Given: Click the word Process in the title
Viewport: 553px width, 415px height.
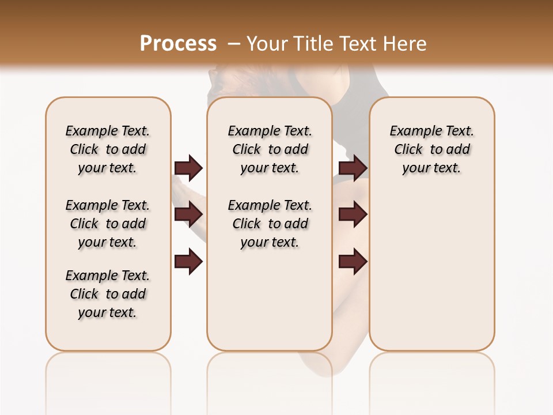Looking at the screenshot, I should click(x=178, y=43).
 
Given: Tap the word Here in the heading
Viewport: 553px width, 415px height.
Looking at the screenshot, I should click(x=406, y=43).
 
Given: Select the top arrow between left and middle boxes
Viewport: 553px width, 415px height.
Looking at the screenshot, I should click(x=188, y=168).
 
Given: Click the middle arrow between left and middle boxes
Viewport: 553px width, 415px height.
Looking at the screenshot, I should click(x=188, y=214).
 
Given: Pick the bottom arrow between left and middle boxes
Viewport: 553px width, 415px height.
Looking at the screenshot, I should click(x=188, y=261).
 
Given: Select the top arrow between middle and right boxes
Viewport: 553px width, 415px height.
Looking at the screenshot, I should click(x=353, y=168).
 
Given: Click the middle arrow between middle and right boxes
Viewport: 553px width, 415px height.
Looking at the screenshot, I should click(x=353, y=214).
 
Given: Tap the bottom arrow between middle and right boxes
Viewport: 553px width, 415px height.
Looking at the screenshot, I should click(x=353, y=261).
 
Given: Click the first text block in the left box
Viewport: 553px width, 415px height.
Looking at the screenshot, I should click(x=108, y=149).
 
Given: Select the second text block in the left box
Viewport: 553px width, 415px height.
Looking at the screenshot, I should click(x=108, y=224).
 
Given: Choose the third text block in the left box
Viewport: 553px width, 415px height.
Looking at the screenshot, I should click(x=108, y=294).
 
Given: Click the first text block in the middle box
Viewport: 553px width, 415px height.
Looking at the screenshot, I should click(x=270, y=149).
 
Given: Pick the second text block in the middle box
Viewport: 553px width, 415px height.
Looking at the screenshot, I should click(x=270, y=224).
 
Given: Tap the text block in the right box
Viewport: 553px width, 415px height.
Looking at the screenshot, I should click(x=431, y=149).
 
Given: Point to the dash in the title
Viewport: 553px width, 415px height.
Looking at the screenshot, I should click(x=233, y=44).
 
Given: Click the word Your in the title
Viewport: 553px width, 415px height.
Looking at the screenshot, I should click(x=267, y=43).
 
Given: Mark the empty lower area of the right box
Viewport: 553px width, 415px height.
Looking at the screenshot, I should click(x=431, y=271).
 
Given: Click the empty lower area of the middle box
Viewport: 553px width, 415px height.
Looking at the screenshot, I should click(x=270, y=300).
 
